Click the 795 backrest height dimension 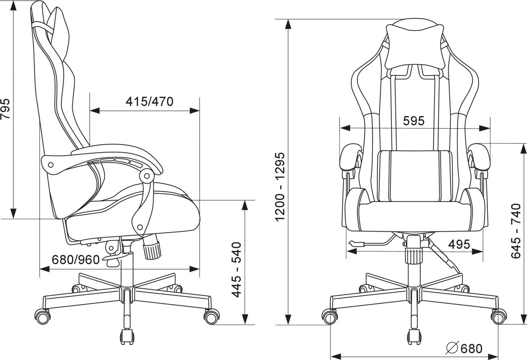[x=5, y=109]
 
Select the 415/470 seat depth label [x=150, y=102]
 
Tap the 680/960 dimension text [x=76, y=260]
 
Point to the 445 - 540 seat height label [x=237, y=269]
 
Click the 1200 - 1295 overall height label [x=280, y=187]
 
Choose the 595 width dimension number [x=414, y=121]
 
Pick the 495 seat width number [x=459, y=244]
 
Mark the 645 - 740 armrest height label [x=516, y=231]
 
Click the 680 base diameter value [x=472, y=348]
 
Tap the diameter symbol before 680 [x=452, y=349]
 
